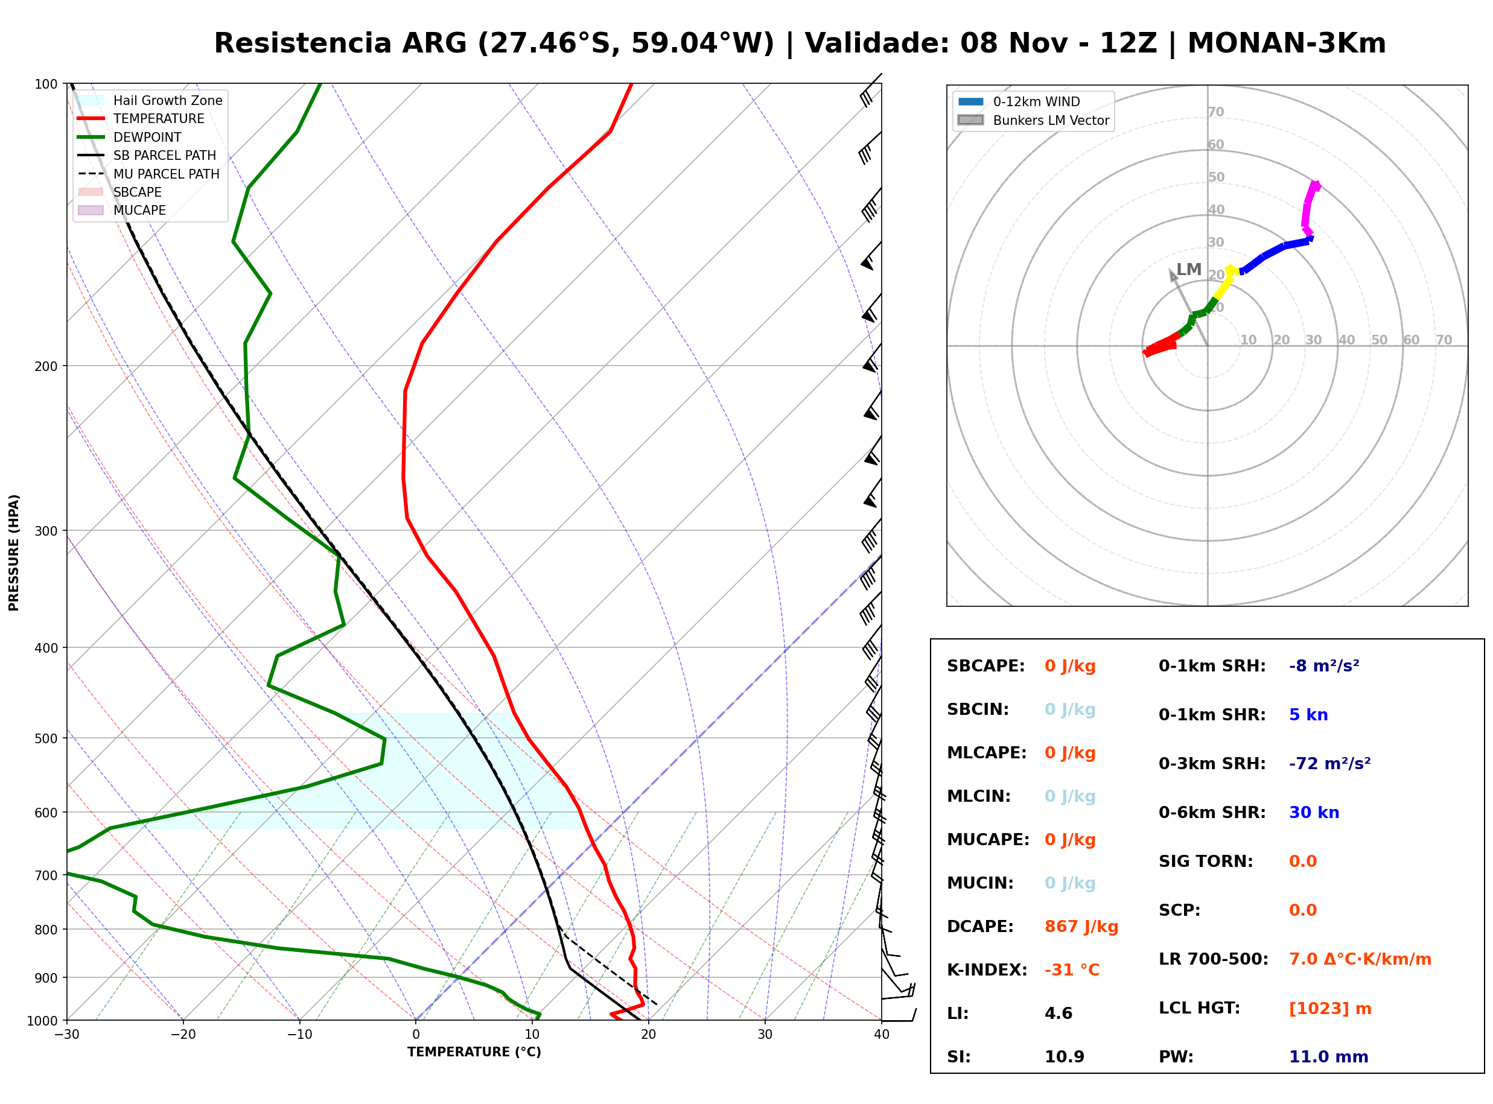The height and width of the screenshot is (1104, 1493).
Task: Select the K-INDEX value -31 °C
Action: tap(1071, 970)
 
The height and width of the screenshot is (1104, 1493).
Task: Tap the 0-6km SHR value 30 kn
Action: tap(1314, 813)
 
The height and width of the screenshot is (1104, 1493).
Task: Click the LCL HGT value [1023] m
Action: tap(1330, 1009)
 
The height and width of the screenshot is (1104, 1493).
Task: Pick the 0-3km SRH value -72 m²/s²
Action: tap(1329, 763)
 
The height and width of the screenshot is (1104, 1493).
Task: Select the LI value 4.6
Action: tap(1058, 1014)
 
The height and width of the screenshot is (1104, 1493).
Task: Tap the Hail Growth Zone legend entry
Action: tap(150, 100)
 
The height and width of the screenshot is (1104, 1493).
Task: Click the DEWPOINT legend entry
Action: tap(130, 137)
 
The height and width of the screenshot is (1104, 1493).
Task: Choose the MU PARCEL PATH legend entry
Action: tap(148, 174)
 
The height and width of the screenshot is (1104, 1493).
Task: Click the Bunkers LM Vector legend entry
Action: tap(1033, 120)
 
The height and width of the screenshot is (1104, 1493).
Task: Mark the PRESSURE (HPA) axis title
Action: tap(13, 553)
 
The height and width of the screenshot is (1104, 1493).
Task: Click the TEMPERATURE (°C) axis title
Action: tap(474, 1052)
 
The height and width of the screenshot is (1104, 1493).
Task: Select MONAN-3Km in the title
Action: tap(1287, 43)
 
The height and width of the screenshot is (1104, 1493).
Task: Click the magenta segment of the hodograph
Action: tap(1307, 207)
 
